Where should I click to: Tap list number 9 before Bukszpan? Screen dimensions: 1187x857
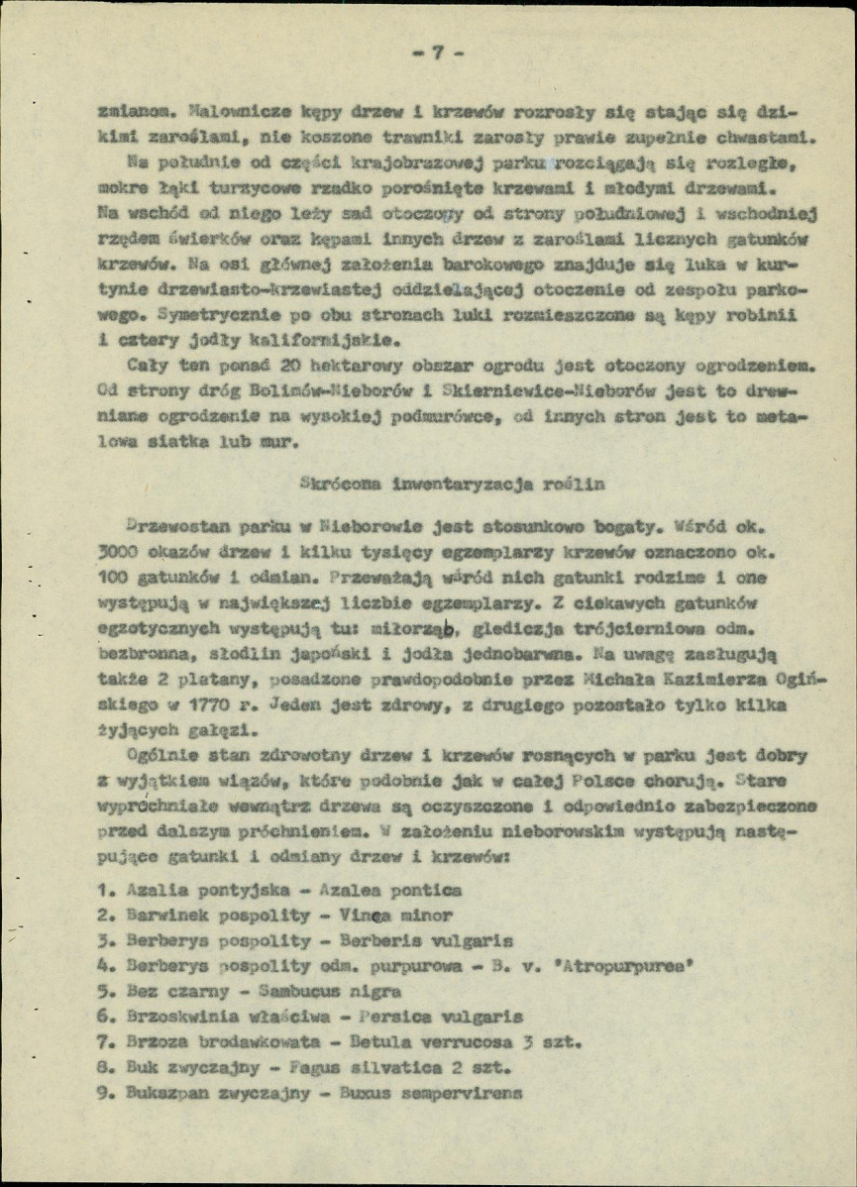106,1094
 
